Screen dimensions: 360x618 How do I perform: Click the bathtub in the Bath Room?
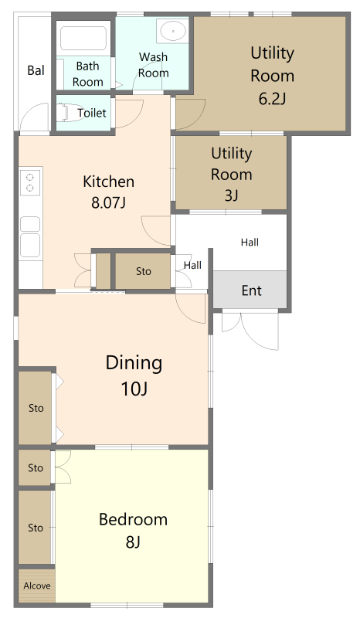[83, 38]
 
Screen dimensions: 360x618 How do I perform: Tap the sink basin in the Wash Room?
[173, 30]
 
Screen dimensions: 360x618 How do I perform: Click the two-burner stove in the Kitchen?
[30, 182]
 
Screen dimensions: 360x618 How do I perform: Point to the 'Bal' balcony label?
[36, 70]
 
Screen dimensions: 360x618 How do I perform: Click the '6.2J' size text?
[272, 99]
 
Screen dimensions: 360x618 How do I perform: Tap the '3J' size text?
[232, 195]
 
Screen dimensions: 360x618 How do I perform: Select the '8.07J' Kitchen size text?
[108, 202]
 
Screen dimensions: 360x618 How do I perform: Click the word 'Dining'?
[134, 363]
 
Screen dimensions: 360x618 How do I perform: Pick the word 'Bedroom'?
[134, 519]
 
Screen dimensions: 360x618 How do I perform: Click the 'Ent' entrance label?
[252, 290]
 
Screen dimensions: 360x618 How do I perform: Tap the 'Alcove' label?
[36, 586]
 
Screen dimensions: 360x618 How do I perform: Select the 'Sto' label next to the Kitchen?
[144, 271]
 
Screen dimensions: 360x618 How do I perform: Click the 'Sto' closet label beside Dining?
[36, 408]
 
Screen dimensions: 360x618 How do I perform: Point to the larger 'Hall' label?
[250, 242]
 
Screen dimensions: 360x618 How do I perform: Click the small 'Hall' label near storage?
[193, 265]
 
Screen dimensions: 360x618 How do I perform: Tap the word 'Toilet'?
[91, 113]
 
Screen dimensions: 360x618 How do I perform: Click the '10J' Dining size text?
[134, 389]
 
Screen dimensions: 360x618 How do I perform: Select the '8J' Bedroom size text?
[134, 542]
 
